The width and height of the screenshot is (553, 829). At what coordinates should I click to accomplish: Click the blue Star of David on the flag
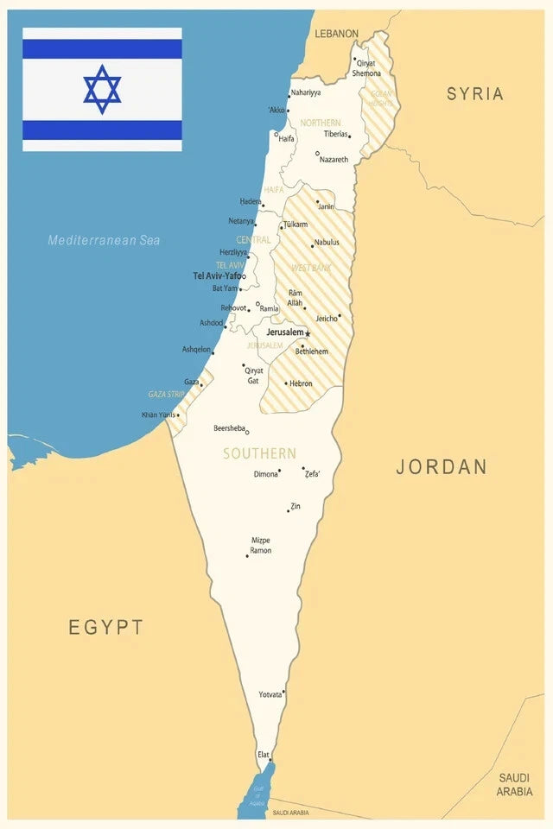click(102, 89)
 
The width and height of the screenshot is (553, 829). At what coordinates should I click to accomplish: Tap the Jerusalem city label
click(284, 332)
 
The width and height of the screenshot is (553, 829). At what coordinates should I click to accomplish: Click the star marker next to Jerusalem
click(308, 333)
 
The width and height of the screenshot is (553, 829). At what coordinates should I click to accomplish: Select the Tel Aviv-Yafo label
click(217, 276)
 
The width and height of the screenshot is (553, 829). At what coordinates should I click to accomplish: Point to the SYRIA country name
click(474, 94)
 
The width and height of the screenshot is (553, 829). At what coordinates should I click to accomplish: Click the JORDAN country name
click(442, 467)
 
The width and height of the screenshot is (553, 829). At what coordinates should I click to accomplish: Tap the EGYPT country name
click(105, 628)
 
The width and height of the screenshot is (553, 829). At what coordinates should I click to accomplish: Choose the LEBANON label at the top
click(336, 34)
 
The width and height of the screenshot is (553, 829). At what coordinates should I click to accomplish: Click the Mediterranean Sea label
click(104, 240)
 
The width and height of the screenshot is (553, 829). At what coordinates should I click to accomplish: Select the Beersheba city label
click(230, 428)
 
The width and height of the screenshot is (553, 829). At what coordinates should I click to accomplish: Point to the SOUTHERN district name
click(259, 453)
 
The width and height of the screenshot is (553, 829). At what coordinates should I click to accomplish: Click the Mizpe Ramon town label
click(260, 546)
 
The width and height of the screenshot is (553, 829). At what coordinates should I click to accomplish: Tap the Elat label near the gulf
click(264, 755)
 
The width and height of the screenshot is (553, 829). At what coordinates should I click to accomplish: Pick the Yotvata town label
click(270, 694)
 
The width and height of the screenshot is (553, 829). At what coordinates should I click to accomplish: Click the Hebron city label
click(302, 383)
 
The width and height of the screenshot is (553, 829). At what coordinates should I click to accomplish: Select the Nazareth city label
click(334, 160)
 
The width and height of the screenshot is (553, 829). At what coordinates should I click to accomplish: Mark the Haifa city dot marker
click(276, 134)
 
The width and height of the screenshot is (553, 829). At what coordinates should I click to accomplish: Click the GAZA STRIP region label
click(166, 394)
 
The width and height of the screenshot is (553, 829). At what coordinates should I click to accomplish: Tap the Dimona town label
click(265, 474)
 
